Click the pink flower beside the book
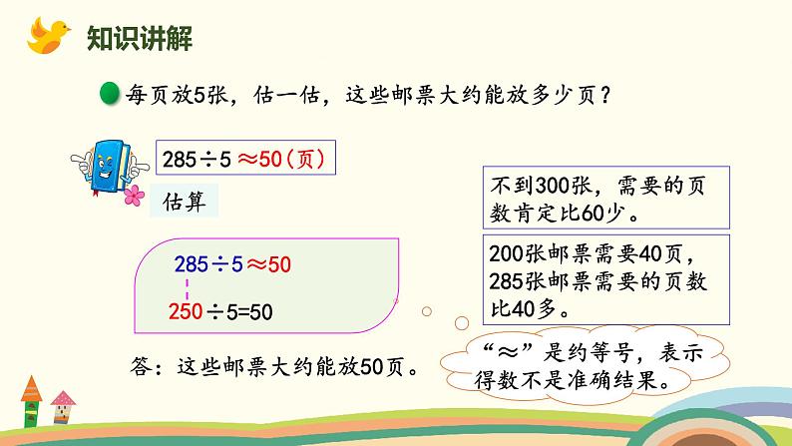click(x=131, y=198)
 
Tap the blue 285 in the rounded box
click(x=191, y=265)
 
